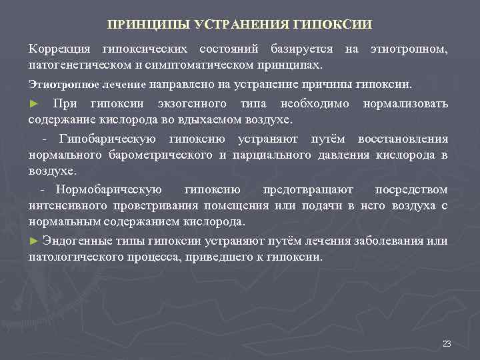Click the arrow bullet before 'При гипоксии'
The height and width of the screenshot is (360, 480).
(34, 105)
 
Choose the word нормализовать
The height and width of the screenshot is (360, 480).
(405, 104)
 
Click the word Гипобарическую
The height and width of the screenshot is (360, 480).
(107, 139)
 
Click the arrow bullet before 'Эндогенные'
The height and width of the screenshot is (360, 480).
(34, 241)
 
